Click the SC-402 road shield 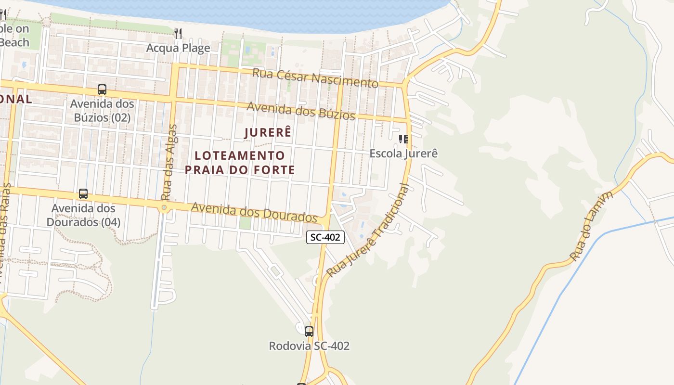325,237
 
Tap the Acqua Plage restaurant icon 178,33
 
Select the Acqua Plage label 178,48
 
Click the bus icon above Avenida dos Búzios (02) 102,89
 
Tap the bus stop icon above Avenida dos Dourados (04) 83,194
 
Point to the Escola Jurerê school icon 403,139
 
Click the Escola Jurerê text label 403,154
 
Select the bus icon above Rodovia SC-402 309,331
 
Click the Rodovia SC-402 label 309,346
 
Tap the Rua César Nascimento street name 315,77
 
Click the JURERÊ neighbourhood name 268,132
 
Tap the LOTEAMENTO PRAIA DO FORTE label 240,163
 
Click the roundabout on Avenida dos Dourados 164,207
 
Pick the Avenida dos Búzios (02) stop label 102,111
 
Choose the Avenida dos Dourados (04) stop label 83,215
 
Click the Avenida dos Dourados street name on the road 254,212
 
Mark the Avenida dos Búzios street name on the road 301,111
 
